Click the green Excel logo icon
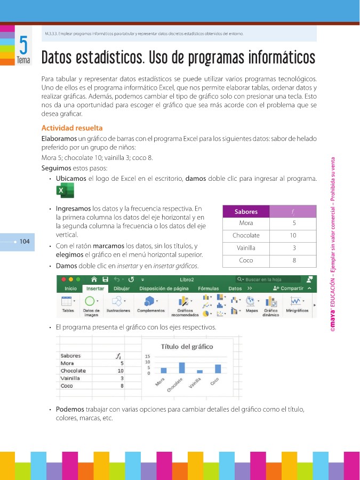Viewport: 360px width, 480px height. click(65, 190)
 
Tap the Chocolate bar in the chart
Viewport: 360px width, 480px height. click(182, 367)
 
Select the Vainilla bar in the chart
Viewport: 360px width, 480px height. click(199, 371)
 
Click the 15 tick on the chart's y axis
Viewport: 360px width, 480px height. click(148, 357)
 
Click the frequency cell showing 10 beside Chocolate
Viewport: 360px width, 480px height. click(293, 235)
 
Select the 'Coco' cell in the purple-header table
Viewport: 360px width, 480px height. click(246, 261)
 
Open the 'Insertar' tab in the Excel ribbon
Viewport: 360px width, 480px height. click(95, 289)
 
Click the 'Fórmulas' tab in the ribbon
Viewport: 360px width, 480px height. click(209, 289)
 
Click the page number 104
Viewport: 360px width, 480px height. click(24, 242)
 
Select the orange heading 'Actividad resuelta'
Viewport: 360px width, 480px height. click(72, 128)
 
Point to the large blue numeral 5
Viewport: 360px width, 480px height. click(23, 44)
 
